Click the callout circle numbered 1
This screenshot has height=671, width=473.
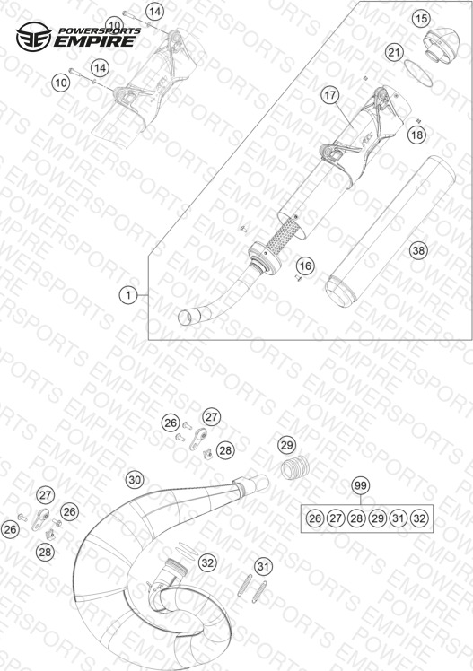128,295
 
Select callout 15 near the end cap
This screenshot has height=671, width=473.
421,19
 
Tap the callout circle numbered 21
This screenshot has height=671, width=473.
394,53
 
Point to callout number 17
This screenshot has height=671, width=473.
330,94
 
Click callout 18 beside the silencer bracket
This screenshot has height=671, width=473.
416,135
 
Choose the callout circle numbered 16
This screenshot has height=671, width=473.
305,266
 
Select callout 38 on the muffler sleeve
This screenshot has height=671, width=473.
418,250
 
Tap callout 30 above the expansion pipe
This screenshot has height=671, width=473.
135,480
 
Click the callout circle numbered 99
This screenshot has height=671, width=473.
361,485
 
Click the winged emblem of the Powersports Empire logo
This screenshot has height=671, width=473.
34,37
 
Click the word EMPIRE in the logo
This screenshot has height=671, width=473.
94,41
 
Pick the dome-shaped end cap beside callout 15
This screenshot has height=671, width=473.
441,44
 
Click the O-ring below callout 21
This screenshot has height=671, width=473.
418,73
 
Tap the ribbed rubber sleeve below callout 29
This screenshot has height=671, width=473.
294,466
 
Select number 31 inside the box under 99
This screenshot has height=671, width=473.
399,518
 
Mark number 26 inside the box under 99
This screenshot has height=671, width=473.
315,518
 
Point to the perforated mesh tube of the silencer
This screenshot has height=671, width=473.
282,234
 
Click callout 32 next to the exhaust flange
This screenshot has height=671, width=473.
207,562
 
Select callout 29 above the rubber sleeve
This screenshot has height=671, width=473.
286,445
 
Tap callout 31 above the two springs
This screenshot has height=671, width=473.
263,567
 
